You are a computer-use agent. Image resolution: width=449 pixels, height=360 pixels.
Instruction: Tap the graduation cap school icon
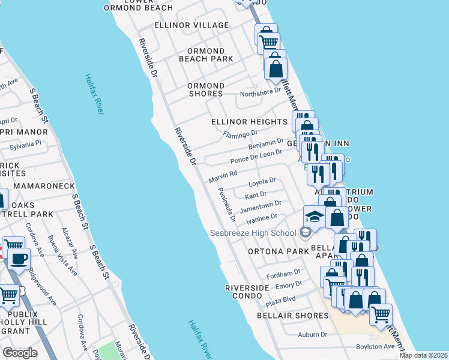click(314, 216)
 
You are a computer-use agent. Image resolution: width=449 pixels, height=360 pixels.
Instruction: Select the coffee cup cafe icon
click(19, 259)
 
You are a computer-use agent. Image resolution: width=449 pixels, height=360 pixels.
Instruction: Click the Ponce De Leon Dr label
click(256, 157)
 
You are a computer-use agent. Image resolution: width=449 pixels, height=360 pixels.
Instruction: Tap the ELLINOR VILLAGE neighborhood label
click(191, 25)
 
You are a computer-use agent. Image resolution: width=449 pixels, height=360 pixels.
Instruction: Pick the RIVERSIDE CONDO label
click(247, 292)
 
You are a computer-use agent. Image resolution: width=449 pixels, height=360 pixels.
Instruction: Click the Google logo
click(20, 353)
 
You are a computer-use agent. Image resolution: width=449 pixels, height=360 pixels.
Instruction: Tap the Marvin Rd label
click(223, 176)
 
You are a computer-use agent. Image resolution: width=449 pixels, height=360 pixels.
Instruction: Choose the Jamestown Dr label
click(260, 206)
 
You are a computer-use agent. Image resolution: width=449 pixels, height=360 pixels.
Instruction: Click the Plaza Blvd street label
click(281, 301)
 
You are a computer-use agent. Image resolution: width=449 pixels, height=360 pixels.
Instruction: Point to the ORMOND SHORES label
click(206, 89)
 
